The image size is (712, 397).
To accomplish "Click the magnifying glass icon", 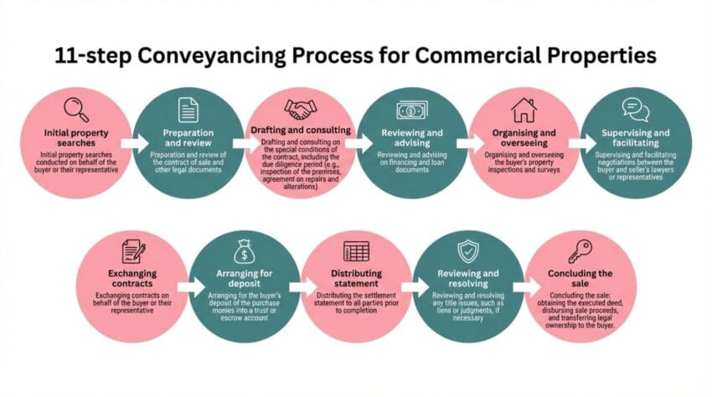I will coord(75,110).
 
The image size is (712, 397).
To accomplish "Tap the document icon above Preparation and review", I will coord(188,110).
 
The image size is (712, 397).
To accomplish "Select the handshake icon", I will coord(300,109).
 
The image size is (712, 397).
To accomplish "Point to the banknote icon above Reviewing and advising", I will coord(411,110).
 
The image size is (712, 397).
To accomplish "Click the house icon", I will coord(524,110).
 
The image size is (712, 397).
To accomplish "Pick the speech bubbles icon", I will coord(636,110).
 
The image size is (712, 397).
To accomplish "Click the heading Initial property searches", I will coord(76,138).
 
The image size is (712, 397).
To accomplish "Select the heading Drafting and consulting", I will coord(301,130).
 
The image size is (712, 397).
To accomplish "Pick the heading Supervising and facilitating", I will coord(636,138).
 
